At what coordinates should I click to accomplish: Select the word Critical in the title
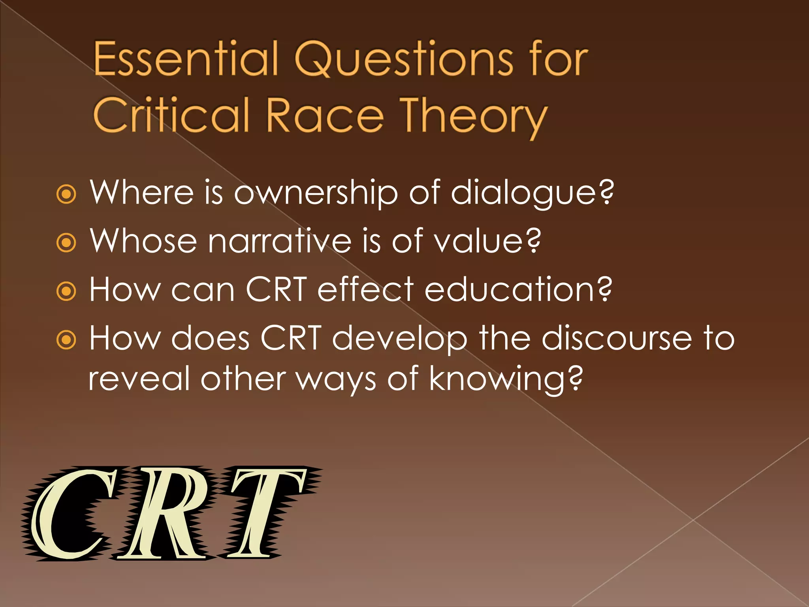pyautogui.click(x=171, y=115)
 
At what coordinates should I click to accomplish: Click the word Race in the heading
pyautogui.click(x=325, y=115)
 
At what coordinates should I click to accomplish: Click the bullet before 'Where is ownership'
pyautogui.click(x=66, y=194)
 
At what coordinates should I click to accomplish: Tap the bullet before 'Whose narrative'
pyautogui.click(x=66, y=243)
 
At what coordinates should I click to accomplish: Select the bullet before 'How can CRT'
pyautogui.click(x=66, y=292)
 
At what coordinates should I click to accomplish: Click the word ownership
pyautogui.click(x=316, y=192)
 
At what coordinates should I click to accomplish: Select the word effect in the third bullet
pyautogui.click(x=365, y=290)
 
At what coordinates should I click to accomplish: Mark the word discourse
pyautogui.click(x=616, y=338)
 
